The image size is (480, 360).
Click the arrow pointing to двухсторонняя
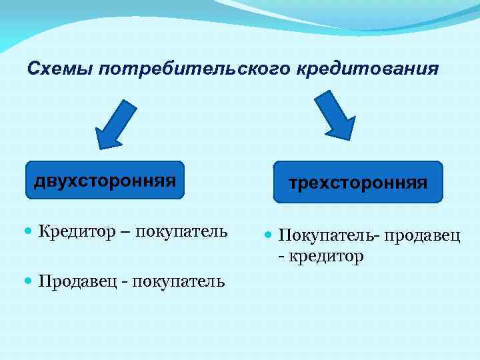coord(115,124)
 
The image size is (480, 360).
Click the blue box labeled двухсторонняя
coord(105,180)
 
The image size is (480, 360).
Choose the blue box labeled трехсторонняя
coord(357,182)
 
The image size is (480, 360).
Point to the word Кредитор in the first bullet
coord(74,232)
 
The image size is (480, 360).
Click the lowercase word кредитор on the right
coord(327,255)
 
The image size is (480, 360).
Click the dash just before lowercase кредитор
coord(283,256)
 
